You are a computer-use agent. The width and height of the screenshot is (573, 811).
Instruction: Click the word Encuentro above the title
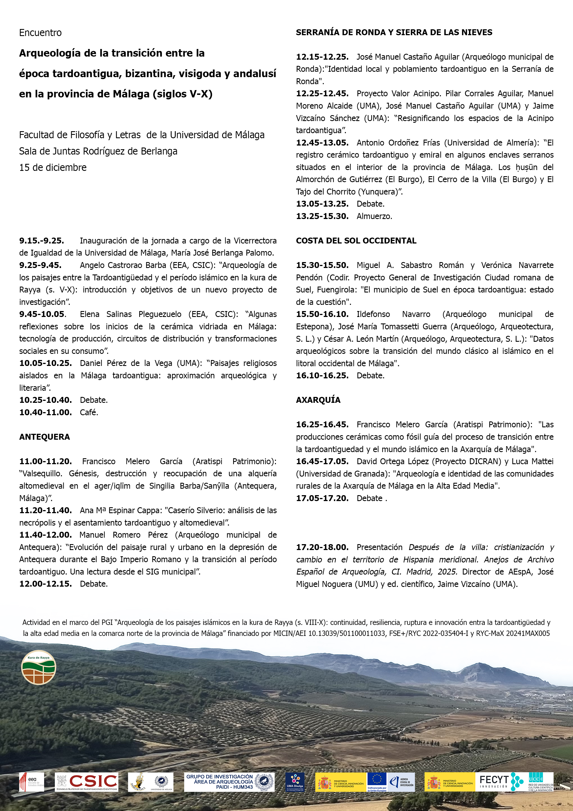40,33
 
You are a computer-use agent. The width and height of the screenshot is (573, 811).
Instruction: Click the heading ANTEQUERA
44,437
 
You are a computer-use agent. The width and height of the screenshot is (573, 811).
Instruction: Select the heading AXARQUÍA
318,400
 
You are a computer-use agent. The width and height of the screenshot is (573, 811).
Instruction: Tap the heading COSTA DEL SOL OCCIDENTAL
356,241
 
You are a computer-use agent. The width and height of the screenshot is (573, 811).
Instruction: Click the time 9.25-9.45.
40,265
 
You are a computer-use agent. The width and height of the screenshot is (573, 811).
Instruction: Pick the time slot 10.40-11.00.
46,412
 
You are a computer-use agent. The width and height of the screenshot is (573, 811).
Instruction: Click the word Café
89,412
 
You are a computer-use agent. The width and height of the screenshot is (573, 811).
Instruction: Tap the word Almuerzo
374,216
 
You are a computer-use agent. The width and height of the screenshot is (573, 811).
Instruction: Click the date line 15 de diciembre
53,167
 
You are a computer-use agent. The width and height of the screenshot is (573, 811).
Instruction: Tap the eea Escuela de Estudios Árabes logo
32,782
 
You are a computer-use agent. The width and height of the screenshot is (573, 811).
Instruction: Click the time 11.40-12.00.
46,535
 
